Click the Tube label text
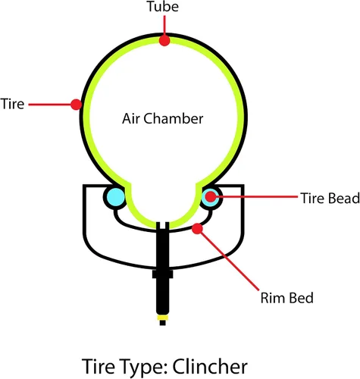(x=163, y=6)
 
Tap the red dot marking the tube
(x=164, y=40)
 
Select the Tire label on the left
(x=12, y=104)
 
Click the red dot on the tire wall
(x=76, y=104)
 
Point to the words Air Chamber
(x=163, y=118)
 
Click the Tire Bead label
(x=330, y=198)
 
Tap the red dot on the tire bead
(x=210, y=196)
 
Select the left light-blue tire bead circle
(x=115, y=197)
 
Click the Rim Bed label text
(x=286, y=298)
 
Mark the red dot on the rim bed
(x=197, y=228)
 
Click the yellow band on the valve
(x=162, y=318)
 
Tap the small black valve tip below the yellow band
(x=163, y=323)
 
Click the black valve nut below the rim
(x=163, y=274)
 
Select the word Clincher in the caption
(x=210, y=366)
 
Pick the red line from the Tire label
(x=50, y=104)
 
